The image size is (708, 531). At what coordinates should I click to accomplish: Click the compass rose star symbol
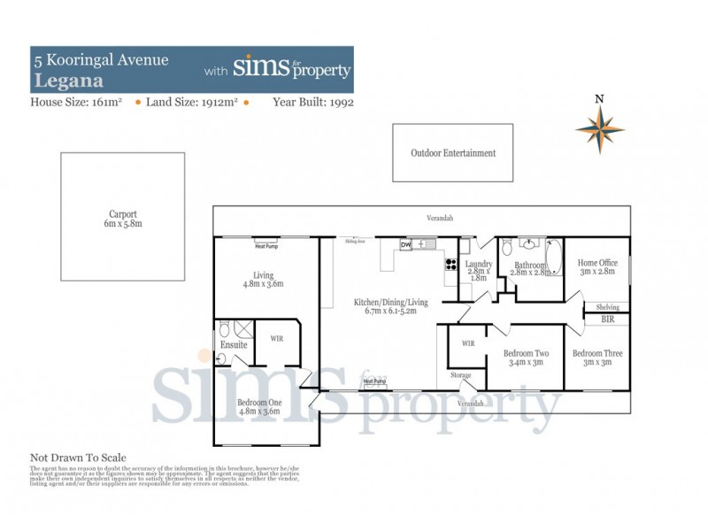click(x=599, y=129)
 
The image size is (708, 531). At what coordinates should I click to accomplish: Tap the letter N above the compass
click(x=599, y=98)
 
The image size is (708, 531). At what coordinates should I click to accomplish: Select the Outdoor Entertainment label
click(x=453, y=153)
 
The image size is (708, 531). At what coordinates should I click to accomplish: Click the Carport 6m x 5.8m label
click(x=122, y=219)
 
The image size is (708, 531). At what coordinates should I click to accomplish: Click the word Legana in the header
click(x=61, y=80)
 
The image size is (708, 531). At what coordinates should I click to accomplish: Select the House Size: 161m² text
click(x=78, y=103)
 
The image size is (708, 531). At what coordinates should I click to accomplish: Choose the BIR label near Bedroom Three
click(x=606, y=321)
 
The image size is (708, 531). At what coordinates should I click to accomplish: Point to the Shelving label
click(x=606, y=306)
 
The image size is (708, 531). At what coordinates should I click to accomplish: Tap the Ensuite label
click(x=234, y=344)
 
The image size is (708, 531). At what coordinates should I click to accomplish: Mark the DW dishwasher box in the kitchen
click(x=405, y=244)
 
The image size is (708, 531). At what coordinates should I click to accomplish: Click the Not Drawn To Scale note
click(x=79, y=458)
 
